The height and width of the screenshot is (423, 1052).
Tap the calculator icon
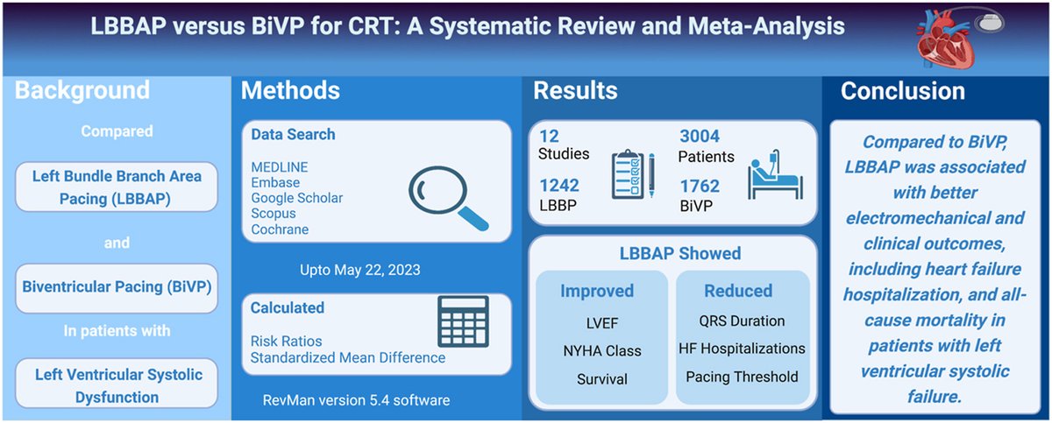click(463, 322)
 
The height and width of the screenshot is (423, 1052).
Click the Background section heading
click(82, 90)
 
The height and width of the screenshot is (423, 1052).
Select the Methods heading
click(290, 90)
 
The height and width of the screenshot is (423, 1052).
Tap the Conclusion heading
click(902, 90)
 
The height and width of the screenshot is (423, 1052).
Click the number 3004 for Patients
click(700, 136)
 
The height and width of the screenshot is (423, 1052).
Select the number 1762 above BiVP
click(700, 186)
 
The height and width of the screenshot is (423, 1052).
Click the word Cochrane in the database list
click(279, 229)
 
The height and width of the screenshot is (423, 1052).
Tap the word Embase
click(275, 182)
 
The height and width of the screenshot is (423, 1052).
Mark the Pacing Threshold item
click(742, 377)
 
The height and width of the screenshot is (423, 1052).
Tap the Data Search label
click(293, 135)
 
